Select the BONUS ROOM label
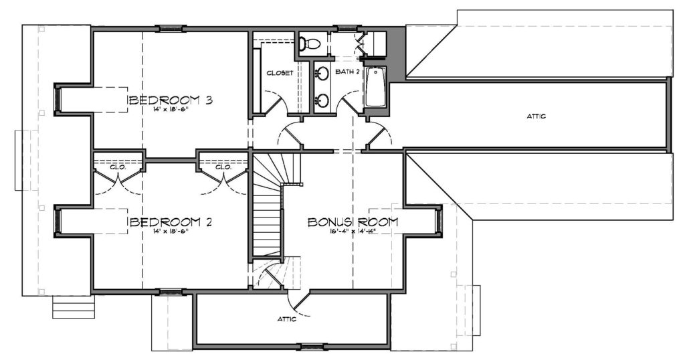[x=353, y=221]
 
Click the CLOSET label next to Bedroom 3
[x=280, y=73]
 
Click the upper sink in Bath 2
[x=322, y=73]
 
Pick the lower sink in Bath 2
[x=322, y=100]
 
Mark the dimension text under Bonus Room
[x=353, y=231]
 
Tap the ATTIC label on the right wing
[x=536, y=116]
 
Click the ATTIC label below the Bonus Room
[x=287, y=319]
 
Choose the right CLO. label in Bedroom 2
[x=223, y=167]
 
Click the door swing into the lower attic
[x=301, y=304]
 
